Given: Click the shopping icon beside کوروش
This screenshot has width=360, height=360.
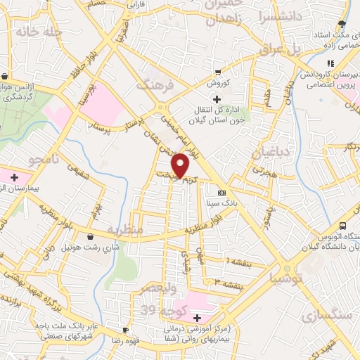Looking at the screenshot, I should click(218, 72).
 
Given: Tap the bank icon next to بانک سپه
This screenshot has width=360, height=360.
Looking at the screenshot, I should click(222, 193).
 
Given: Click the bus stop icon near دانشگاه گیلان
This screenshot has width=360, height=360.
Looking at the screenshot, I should click(342, 226).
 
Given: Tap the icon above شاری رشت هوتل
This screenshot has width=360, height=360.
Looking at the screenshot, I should click(93, 237).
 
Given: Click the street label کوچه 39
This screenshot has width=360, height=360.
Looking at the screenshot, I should click(158, 309).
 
